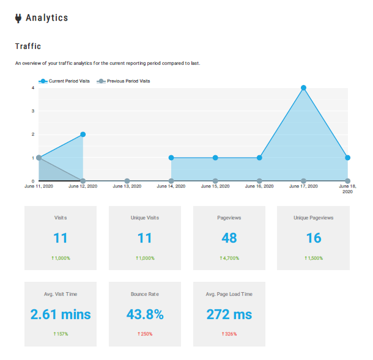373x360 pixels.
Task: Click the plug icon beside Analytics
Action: coord(18,18)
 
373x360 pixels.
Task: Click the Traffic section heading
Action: coord(28,46)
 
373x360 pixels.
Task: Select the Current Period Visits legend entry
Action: coord(65,81)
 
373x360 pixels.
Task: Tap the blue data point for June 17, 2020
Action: coord(303,88)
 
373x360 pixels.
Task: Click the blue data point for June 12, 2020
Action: coord(83,134)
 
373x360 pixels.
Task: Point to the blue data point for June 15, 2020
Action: coord(215,158)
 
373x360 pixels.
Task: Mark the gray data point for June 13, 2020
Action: coord(127,181)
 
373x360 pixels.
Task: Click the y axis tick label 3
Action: coord(33,111)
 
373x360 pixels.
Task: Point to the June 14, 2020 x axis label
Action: coord(171,186)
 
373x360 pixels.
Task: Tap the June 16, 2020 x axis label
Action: coord(259,186)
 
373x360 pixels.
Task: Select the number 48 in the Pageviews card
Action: coord(229,238)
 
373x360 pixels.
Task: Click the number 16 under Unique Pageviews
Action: coord(314,238)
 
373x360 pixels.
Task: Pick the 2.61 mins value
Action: coord(61,315)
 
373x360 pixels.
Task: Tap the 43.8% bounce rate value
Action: coord(145,315)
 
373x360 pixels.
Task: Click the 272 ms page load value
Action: coord(229,315)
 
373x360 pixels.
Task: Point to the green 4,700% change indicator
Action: coord(229,259)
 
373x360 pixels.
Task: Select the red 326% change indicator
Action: coord(229,334)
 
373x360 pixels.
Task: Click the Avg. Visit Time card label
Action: coord(61,294)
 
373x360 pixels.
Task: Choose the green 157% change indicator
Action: coord(61,334)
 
